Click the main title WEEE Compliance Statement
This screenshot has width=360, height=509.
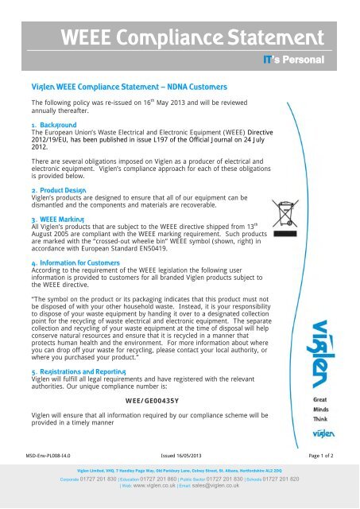tap(180, 36)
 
